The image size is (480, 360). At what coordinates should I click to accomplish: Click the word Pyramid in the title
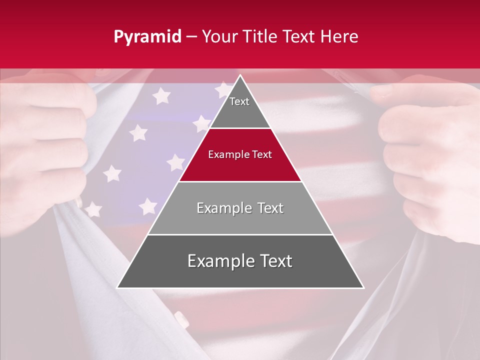(147, 37)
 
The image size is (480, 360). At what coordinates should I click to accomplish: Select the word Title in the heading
(262, 36)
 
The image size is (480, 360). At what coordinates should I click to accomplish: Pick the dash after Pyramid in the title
(191, 37)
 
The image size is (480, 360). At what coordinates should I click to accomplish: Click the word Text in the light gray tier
(267, 208)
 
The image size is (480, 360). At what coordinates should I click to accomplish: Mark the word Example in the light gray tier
(220, 208)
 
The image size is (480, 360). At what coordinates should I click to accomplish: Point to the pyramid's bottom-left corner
(117, 287)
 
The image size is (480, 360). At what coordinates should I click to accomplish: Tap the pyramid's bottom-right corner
(363, 287)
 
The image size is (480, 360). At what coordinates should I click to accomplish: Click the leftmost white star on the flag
(93, 209)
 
